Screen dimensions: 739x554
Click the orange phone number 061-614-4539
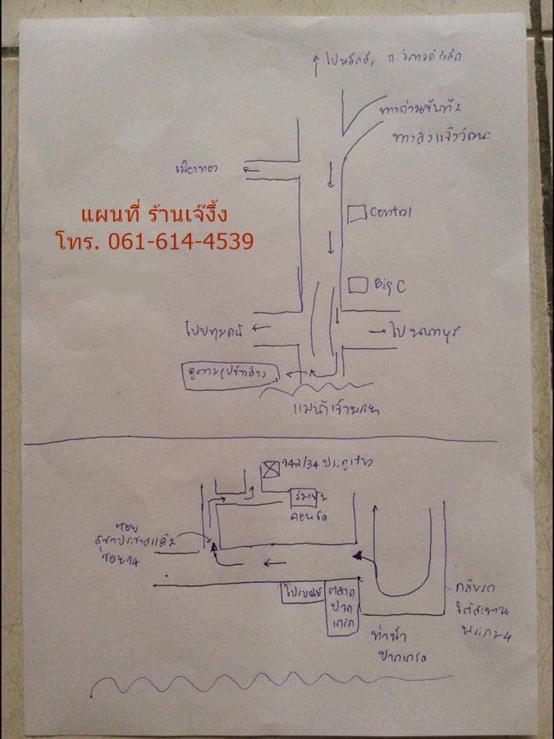(x=155, y=241)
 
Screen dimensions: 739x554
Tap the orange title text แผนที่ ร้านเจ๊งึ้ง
(x=153, y=215)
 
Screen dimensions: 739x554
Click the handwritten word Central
(x=391, y=212)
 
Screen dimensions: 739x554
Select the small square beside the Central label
(x=356, y=213)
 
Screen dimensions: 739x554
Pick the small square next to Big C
(x=357, y=285)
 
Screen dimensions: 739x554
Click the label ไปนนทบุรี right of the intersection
(x=421, y=332)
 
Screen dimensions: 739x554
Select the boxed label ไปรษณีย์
(x=302, y=590)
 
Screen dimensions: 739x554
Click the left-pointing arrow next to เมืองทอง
(x=250, y=169)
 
